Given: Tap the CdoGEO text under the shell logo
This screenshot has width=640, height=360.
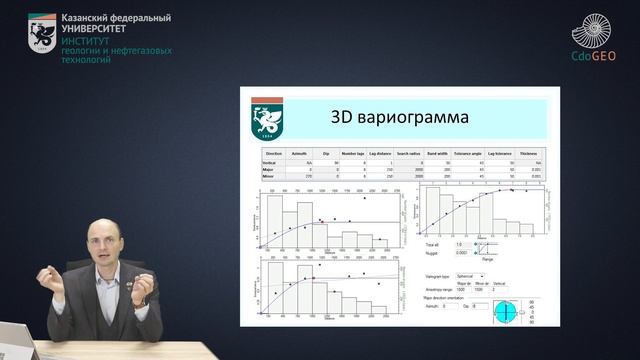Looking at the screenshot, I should (x=593, y=57).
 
